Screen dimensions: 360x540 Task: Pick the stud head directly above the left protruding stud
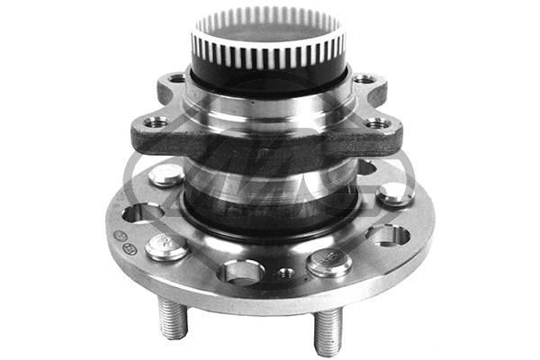[167, 246]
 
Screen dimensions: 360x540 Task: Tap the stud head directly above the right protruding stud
[328, 262]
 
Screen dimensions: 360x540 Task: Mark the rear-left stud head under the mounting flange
[166, 174]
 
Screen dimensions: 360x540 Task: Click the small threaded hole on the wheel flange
[286, 272]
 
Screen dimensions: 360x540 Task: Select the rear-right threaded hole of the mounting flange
[364, 79]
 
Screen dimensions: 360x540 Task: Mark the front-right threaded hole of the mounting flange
[377, 122]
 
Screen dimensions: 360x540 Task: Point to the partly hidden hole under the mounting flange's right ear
[367, 167]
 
